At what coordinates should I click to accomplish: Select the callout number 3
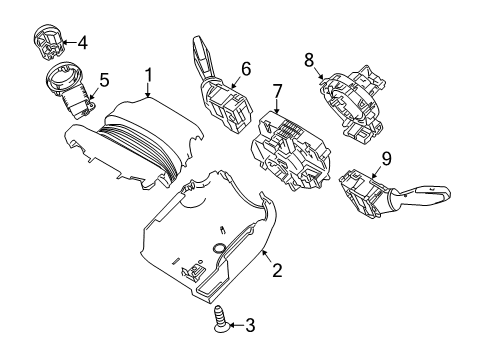[250, 325]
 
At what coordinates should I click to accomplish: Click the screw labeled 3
[217, 324]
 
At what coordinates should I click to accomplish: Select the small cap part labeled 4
[46, 42]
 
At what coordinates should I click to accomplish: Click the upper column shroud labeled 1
[150, 135]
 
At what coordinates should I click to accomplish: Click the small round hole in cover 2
[218, 246]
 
